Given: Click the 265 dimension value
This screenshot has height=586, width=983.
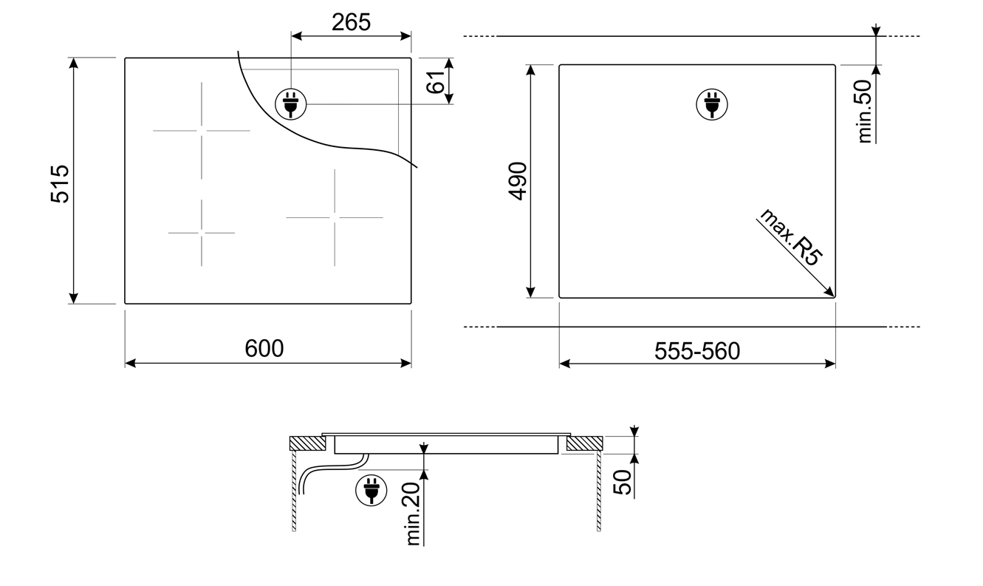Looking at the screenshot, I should tap(351, 23).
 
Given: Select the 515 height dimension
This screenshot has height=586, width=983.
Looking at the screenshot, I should tap(60, 183).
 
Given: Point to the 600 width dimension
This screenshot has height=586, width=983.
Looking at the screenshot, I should tap(264, 348).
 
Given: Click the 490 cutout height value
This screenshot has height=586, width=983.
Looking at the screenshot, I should tap(518, 180).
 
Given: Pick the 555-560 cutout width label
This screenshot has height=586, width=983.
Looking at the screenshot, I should tap(696, 352).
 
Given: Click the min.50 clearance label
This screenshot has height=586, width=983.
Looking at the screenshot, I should tap(865, 111).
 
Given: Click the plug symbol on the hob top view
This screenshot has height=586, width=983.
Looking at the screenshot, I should tap(290, 104).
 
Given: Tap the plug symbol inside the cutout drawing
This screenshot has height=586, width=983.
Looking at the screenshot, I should tap(712, 104).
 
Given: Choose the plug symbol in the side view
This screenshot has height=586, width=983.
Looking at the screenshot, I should tap(371, 491).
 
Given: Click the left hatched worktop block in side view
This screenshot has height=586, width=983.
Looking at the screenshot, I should tap(306, 443).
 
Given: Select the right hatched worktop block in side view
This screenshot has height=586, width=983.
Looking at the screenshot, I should tap(585, 443).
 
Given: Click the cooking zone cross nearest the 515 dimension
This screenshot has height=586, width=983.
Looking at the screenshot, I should tap(202, 131).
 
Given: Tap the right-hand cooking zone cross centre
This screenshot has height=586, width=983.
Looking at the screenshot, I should tap(335, 217).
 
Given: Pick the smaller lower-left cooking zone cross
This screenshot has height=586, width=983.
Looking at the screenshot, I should tap(202, 233).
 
